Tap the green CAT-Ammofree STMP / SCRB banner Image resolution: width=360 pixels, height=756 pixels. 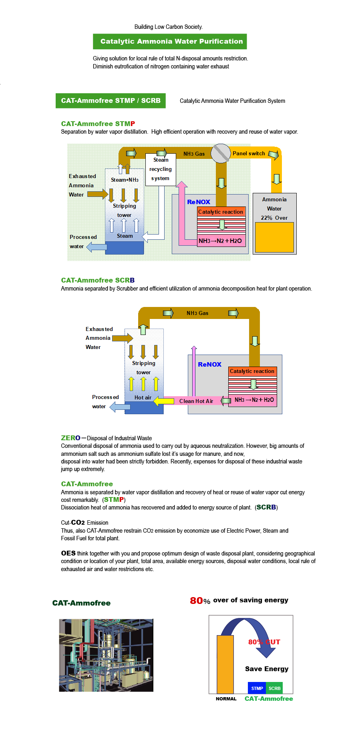click(111, 100)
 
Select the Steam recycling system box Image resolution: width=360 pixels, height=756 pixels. click(161, 169)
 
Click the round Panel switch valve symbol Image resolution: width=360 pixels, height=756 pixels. click(221, 153)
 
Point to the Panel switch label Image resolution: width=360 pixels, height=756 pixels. click(249, 153)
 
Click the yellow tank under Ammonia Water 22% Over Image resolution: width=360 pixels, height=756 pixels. click(274, 237)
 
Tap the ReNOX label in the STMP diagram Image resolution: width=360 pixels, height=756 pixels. click(199, 202)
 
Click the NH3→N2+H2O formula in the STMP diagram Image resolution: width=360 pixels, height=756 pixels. click(220, 241)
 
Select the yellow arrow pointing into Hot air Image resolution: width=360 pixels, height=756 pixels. click(164, 401)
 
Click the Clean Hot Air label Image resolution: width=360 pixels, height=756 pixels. click(196, 401)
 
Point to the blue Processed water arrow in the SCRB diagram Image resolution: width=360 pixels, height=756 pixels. click(120, 407)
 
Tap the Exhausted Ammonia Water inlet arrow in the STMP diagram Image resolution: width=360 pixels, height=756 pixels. click(98, 194)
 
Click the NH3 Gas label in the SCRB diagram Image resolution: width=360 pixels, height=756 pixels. click(197, 313)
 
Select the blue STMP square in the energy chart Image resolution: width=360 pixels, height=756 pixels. click(257, 688)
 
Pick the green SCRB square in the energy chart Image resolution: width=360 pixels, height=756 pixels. click(275, 688)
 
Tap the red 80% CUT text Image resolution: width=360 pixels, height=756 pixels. click(264, 642)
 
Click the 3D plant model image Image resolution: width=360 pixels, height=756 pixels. click(106, 655)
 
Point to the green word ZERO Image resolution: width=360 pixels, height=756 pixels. click(71, 438)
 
